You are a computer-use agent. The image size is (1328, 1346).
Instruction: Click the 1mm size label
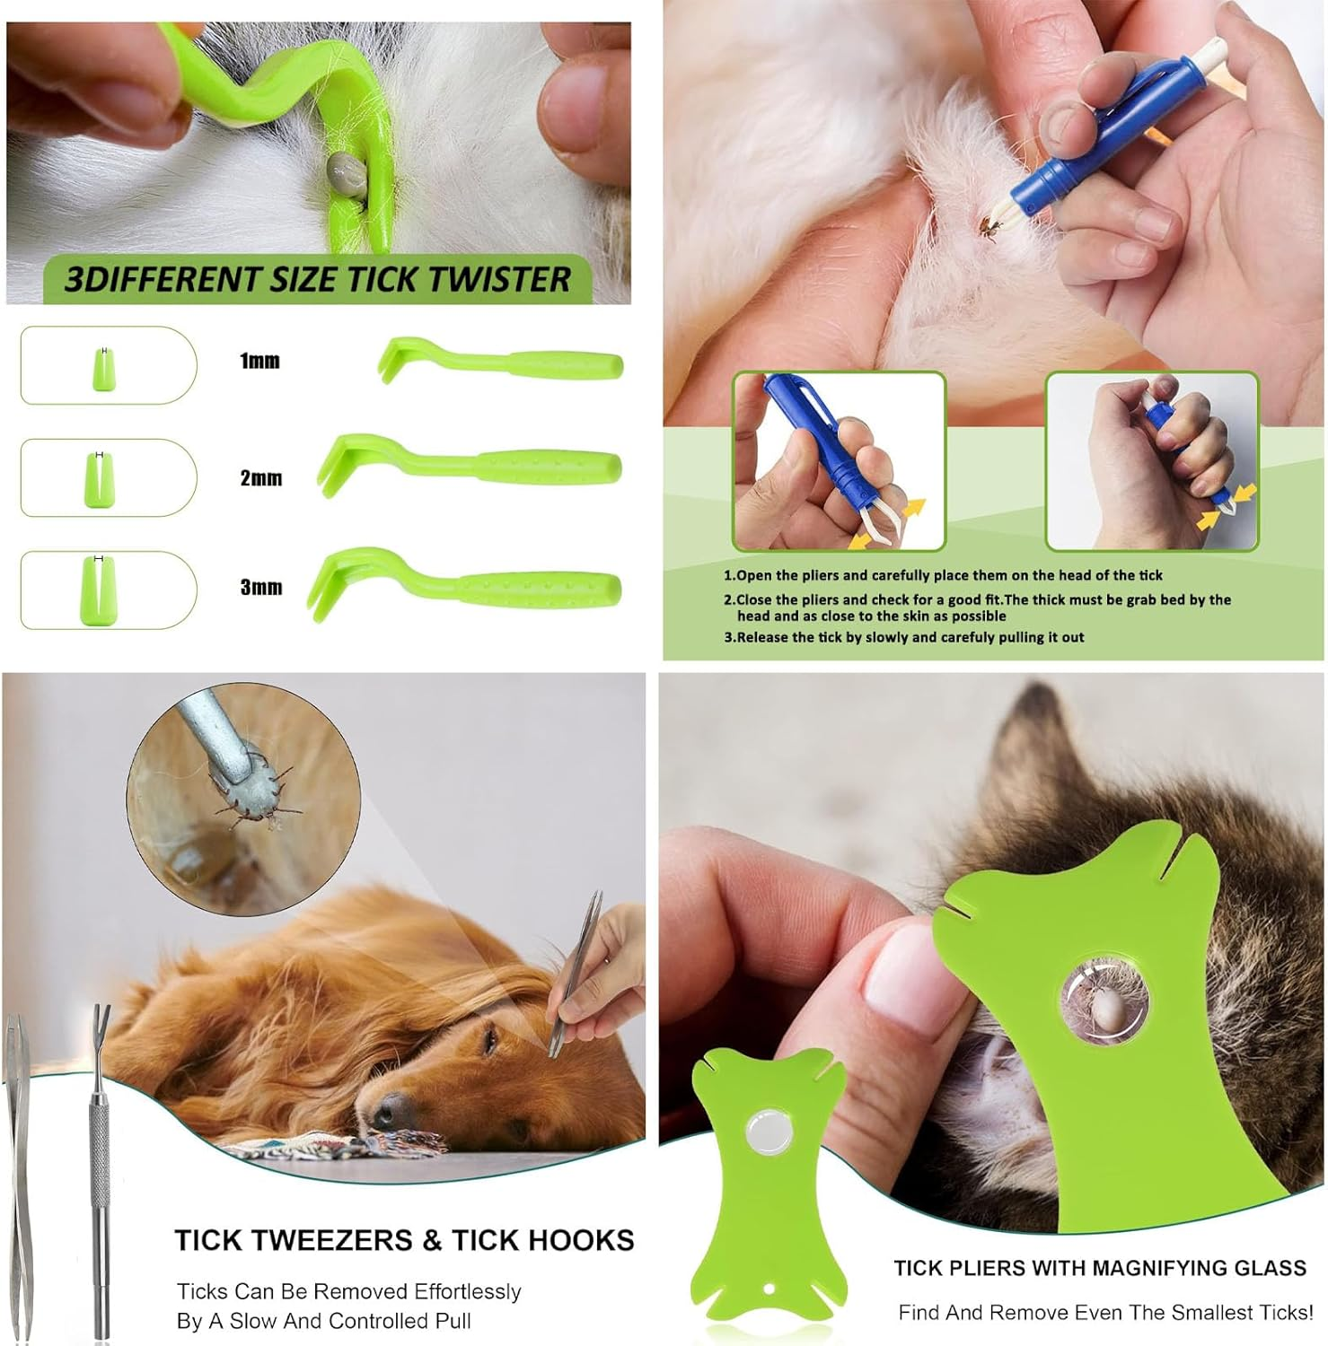pos(259,361)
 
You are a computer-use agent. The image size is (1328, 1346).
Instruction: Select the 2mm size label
pos(260,477)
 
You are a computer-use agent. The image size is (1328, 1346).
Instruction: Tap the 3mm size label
pos(260,587)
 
